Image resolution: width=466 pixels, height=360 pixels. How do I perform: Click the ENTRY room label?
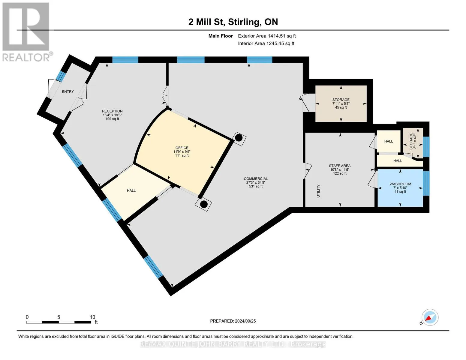click(x=68, y=91)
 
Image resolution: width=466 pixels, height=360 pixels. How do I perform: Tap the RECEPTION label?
click(x=112, y=111)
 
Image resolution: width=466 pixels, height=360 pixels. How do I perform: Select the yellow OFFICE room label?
click(x=182, y=148)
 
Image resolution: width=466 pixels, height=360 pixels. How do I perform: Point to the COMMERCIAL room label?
click(x=256, y=178)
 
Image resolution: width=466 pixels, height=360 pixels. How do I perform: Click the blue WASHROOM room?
click(x=400, y=188)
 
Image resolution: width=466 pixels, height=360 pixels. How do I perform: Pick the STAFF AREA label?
click(x=340, y=166)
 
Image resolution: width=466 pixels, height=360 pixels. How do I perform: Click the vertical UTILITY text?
click(x=318, y=191)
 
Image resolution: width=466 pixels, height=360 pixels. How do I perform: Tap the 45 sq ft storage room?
click(x=341, y=103)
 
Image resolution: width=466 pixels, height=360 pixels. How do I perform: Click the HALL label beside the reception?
click(x=131, y=190)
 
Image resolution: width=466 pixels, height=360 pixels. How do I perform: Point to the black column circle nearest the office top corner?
click(x=239, y=138)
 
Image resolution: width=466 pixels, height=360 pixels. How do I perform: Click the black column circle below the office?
click(x=204, y=204)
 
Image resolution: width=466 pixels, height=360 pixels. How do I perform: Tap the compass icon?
click(x=430, y=317)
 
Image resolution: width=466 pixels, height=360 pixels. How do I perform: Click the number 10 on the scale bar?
click(x=92, y=317)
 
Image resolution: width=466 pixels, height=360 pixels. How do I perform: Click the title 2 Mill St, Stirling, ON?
click(x=233, y=22)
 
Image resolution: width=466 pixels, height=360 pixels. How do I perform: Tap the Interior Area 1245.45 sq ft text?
click(x=266, y=43)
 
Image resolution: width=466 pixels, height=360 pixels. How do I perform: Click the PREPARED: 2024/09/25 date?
click(x=233, y=321)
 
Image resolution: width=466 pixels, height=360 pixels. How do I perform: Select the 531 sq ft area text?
click(x=256, y=186)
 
